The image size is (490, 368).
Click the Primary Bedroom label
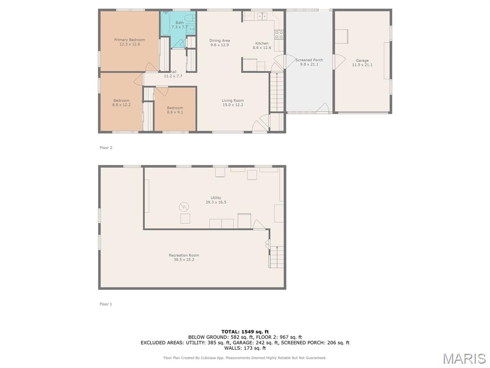pyautogui.click(x=129, y=40)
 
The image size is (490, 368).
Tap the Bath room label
pyautogui.click(x=180, y=23)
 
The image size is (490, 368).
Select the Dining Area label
pyautogui.click(x=220, y=40)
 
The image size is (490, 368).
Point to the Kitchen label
pyautogui.click(x=262, y=43)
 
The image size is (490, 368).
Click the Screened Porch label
pyautogui.click(x=309, y=60)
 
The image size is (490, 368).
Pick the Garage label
pyautogui.click(x=362, y=60)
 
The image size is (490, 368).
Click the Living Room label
pyautogui.click(x=233, y=101)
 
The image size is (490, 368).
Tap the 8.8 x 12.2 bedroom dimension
pyautogui.click(x=121, y=105)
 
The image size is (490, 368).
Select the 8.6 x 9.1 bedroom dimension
pyautogui.click(x=175, y=112)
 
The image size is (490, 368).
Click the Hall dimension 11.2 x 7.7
pyautogui.click(x=173, y=76)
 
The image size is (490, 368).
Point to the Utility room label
pyautogui.click(x=216, y=198)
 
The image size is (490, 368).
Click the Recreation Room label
pyautogui.click(x=184, y=255)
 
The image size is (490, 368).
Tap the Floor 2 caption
pyautogui.click(x=106, y=148)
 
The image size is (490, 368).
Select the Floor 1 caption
pyautogui.click(x=106, y=304)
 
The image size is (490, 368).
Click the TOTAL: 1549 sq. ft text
pyautogui.click(x=245, y=332)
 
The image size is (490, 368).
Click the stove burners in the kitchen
pyautogui.click(x=279, y=34)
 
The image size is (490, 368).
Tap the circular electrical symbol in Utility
pyautogui.click(x=184, y=207)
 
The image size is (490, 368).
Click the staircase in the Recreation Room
pyautogui.click(x=277, y=257)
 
